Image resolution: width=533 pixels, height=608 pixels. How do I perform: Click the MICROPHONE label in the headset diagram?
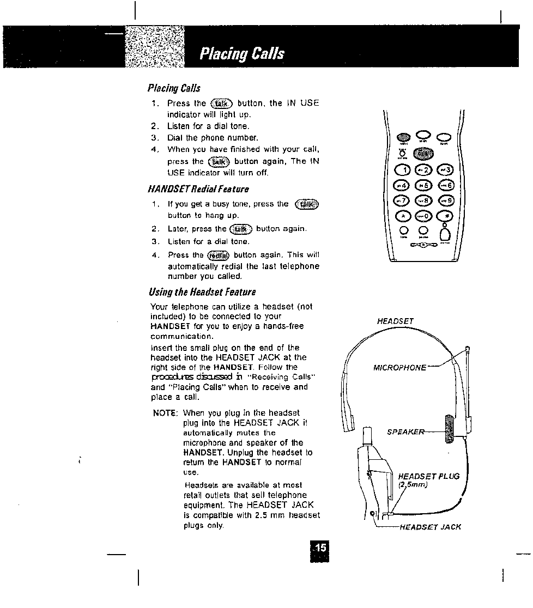(399, 368)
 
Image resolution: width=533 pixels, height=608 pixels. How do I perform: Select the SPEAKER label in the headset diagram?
(405, 432)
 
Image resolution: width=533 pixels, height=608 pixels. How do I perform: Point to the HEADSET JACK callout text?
(431, 527)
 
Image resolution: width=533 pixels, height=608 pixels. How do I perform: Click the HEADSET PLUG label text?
(428, 476)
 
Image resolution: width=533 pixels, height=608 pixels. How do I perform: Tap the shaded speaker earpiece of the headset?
(450, 429)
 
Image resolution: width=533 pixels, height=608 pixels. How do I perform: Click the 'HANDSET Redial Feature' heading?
(198, 189)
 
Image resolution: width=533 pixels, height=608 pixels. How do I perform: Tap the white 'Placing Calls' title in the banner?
(241, 53)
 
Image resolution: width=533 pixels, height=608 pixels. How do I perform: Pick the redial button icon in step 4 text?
(219, 256)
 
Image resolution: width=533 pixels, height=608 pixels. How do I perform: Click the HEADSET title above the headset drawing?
(395, 321)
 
